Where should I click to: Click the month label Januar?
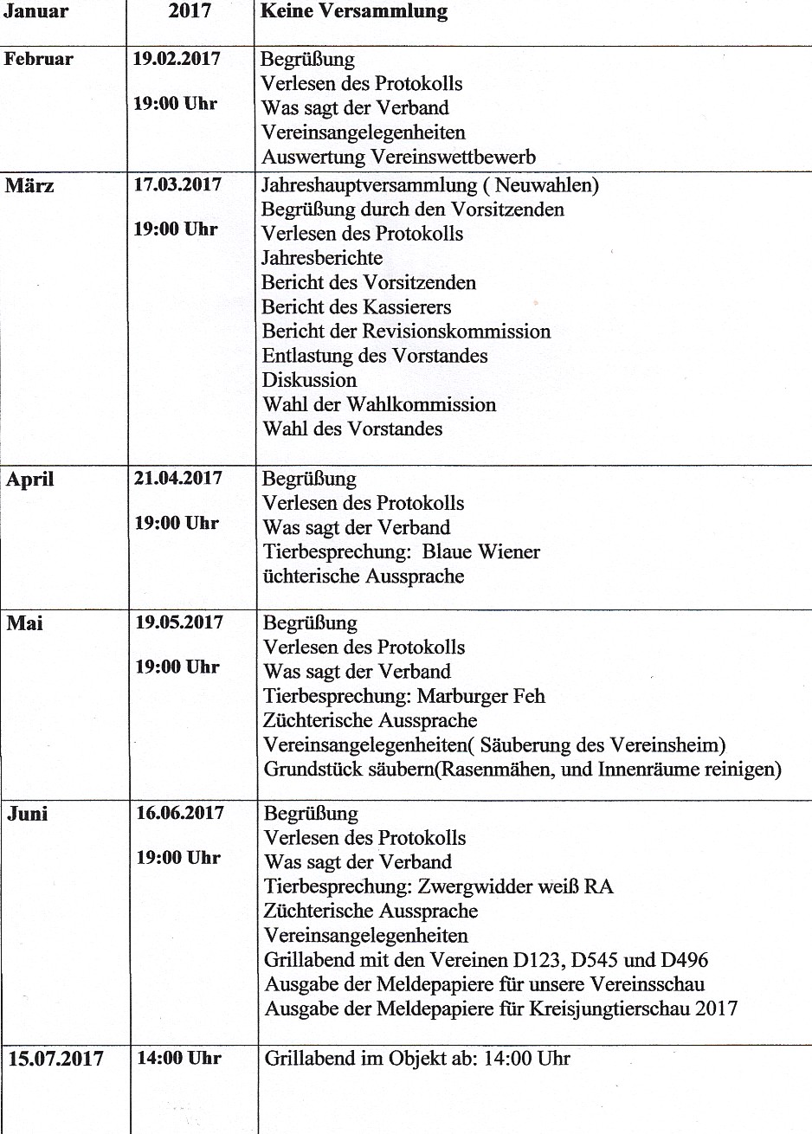click(35, 11)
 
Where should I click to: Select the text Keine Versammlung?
click(354, 11)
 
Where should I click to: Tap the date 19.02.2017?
click(177, 59)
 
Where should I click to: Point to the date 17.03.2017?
click(177, 184)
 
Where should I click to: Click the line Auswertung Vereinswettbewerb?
click(398, 157)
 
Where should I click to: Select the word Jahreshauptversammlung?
click(369, 184)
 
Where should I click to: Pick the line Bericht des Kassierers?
click(356, 306)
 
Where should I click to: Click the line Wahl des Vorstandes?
click(352, 428)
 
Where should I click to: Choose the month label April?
click(29, 480)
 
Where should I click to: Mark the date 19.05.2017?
click(178, 622)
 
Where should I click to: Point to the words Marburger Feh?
click(481, 696)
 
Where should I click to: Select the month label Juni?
click(27, 814)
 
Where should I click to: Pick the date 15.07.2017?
click(55, 1059)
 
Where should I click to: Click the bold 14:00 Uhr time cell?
click(178, 1058)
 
